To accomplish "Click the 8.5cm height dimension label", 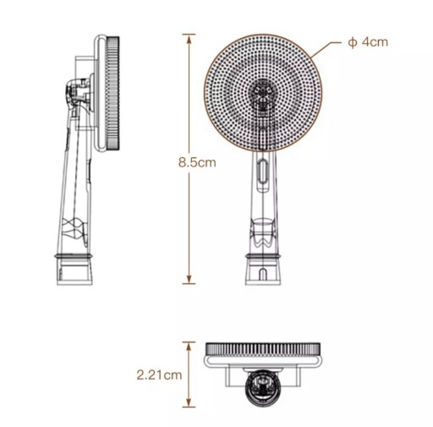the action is (x=197, y=162).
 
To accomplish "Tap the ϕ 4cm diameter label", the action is (x=368, y=42).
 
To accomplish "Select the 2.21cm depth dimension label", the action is (x=159, y=375).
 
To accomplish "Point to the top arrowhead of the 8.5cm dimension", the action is (x=189, y=39).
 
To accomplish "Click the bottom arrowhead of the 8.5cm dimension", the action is (x=189, y=279).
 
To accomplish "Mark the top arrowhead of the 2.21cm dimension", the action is (x=189, y=347).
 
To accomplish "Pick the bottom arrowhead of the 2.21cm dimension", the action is (x=189, y=402).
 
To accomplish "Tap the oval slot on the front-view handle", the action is (x=262, y=172).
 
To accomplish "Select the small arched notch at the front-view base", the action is (x=262, y=274).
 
